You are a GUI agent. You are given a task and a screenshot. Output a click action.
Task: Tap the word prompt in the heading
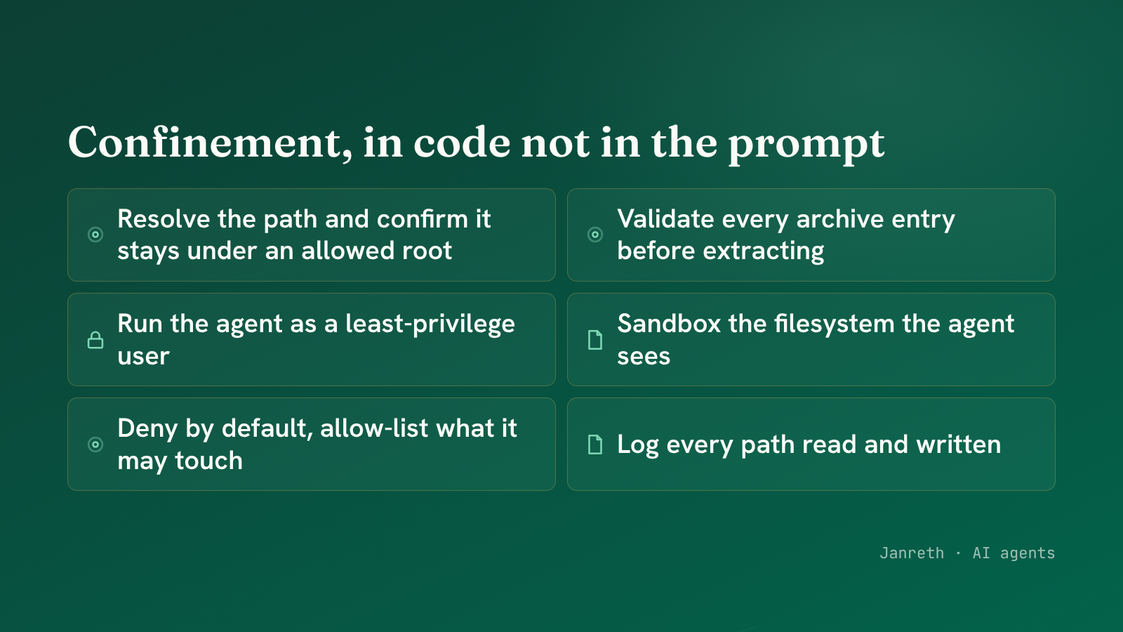[x=806, y=146]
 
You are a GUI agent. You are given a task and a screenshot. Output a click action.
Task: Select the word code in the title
[x=462, y=143]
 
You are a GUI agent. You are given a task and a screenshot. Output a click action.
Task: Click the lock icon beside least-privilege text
[x=95, y=340]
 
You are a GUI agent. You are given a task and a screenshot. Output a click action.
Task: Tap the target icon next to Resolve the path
[x=95, y=235]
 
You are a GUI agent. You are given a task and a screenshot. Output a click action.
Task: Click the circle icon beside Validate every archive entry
[x=595, y=235]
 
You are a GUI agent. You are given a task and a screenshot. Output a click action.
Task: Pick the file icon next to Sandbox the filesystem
[x=595, y=340]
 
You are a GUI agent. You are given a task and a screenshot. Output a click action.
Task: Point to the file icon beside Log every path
[x=595, y=445]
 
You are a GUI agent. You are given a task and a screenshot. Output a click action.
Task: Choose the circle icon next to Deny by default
[x=95, y=445]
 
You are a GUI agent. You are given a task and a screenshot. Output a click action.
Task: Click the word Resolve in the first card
[x=164, y=219]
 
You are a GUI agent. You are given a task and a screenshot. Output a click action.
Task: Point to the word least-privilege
[x=430, y=324]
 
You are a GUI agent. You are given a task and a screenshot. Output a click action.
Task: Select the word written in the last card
[x=958, y=445]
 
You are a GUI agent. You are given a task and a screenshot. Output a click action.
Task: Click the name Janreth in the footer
[x=912, y=553]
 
